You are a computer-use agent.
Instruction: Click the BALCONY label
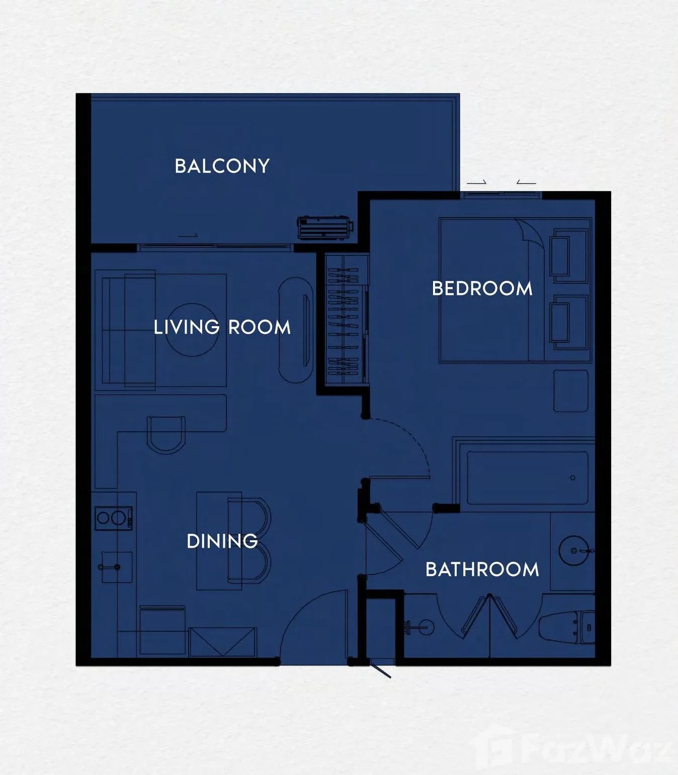(222, 166)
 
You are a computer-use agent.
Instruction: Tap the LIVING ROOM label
(222, 327)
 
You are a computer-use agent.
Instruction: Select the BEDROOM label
(482, 288)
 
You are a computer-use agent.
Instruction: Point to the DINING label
(222, 541)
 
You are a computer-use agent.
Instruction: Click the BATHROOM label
(482, 569)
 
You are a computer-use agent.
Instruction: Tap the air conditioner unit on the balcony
(325, 227)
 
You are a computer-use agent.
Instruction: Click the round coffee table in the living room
(192, 330)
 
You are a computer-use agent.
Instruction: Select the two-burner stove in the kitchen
(113, 518)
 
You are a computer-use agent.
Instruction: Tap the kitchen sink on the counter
(117, 567)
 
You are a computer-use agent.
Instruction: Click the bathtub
(528, 477)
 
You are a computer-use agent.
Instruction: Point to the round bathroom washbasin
(574, 551)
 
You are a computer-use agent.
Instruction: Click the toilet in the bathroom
(566, 628)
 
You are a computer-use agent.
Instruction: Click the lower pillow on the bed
(559, 323)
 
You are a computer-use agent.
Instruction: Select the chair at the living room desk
(166, 435)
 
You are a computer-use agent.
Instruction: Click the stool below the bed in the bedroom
(571, 391)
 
